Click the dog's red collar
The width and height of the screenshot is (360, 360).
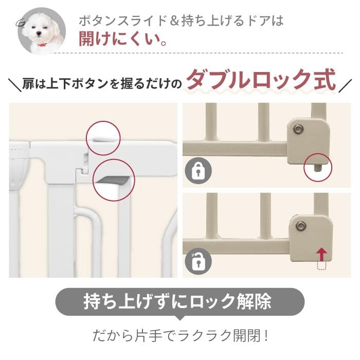[40, 44]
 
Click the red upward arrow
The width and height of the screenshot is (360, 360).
[321, 253]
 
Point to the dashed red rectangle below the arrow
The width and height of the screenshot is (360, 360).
[321, 266]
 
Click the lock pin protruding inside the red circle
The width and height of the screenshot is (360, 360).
[317, 167]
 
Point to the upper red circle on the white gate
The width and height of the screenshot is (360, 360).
[102, 138]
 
